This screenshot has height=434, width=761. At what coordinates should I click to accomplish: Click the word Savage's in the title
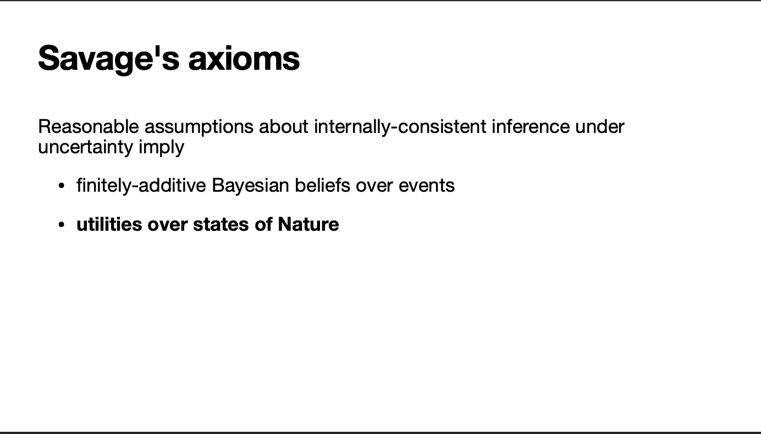[109, 59]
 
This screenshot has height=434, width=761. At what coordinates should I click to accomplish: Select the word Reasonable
[89, 126]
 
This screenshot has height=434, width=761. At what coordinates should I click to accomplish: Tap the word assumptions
[199, 128]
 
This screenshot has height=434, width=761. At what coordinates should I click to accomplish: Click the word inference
[531, 126]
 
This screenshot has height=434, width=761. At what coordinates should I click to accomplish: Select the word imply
[161, 148]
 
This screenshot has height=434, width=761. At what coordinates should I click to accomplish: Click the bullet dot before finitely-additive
[62, 186]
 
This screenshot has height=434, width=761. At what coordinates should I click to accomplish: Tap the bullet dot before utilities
[62, 225]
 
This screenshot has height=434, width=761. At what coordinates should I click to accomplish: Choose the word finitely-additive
[141, 186]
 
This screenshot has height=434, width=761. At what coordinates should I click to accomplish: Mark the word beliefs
[322, 186]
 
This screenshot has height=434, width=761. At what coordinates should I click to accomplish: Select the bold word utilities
[109, 224]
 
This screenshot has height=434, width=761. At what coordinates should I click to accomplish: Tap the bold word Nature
[308, 224]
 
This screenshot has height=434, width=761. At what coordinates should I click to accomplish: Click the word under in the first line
[600, 126]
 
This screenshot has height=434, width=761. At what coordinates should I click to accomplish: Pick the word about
[284, 126]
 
